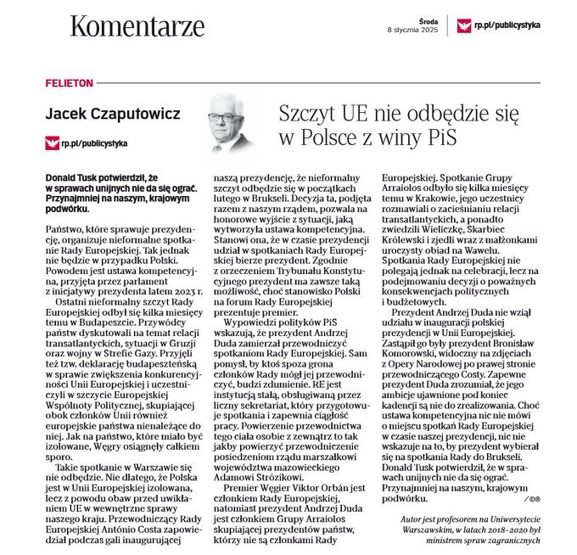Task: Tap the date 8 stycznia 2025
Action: tap(416, 30)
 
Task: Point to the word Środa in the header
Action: tap(428, 19)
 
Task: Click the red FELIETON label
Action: tap(69, 85)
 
